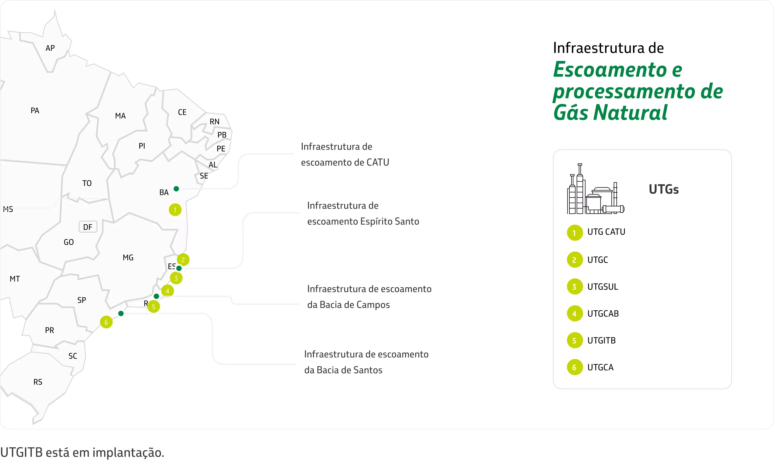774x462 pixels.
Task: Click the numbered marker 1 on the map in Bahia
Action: pyautogui.click(x=175, y=210)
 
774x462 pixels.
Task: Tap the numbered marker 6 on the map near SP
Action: pyautogui.click(x=106, y=322)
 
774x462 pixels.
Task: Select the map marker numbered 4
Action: pyautogui.click(x=167, y=291)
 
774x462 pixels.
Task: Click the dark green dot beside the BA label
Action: pyautogui.click(x=176, y=189)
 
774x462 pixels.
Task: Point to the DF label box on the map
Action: pyautogui.click(x=88, y=227)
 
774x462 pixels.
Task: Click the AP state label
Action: pyautogui.click(x=50, y=48)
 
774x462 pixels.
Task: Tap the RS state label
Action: pyautogui.click(x=38, y=382)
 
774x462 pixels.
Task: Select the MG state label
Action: pyautogui.click(x=128, y=257)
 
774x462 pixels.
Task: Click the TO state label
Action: pyautogui.click(x=87, y=183)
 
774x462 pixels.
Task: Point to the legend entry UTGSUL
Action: pyautogui.click(x=602, y=287)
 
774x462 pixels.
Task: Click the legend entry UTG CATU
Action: pyautogui.click(x=606, y=232)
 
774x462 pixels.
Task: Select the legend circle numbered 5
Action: pyautogui.click(x=574, y=340)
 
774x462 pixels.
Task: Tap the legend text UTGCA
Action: pyautogui.click(x=600, y=367)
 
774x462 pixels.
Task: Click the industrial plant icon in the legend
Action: pyautogui.click(x=595, y=190)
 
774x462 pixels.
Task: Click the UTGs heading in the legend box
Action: pyautogui.click(x=663, y=189)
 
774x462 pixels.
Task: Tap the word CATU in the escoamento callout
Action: pyautogui.click(x=378, y=162)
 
